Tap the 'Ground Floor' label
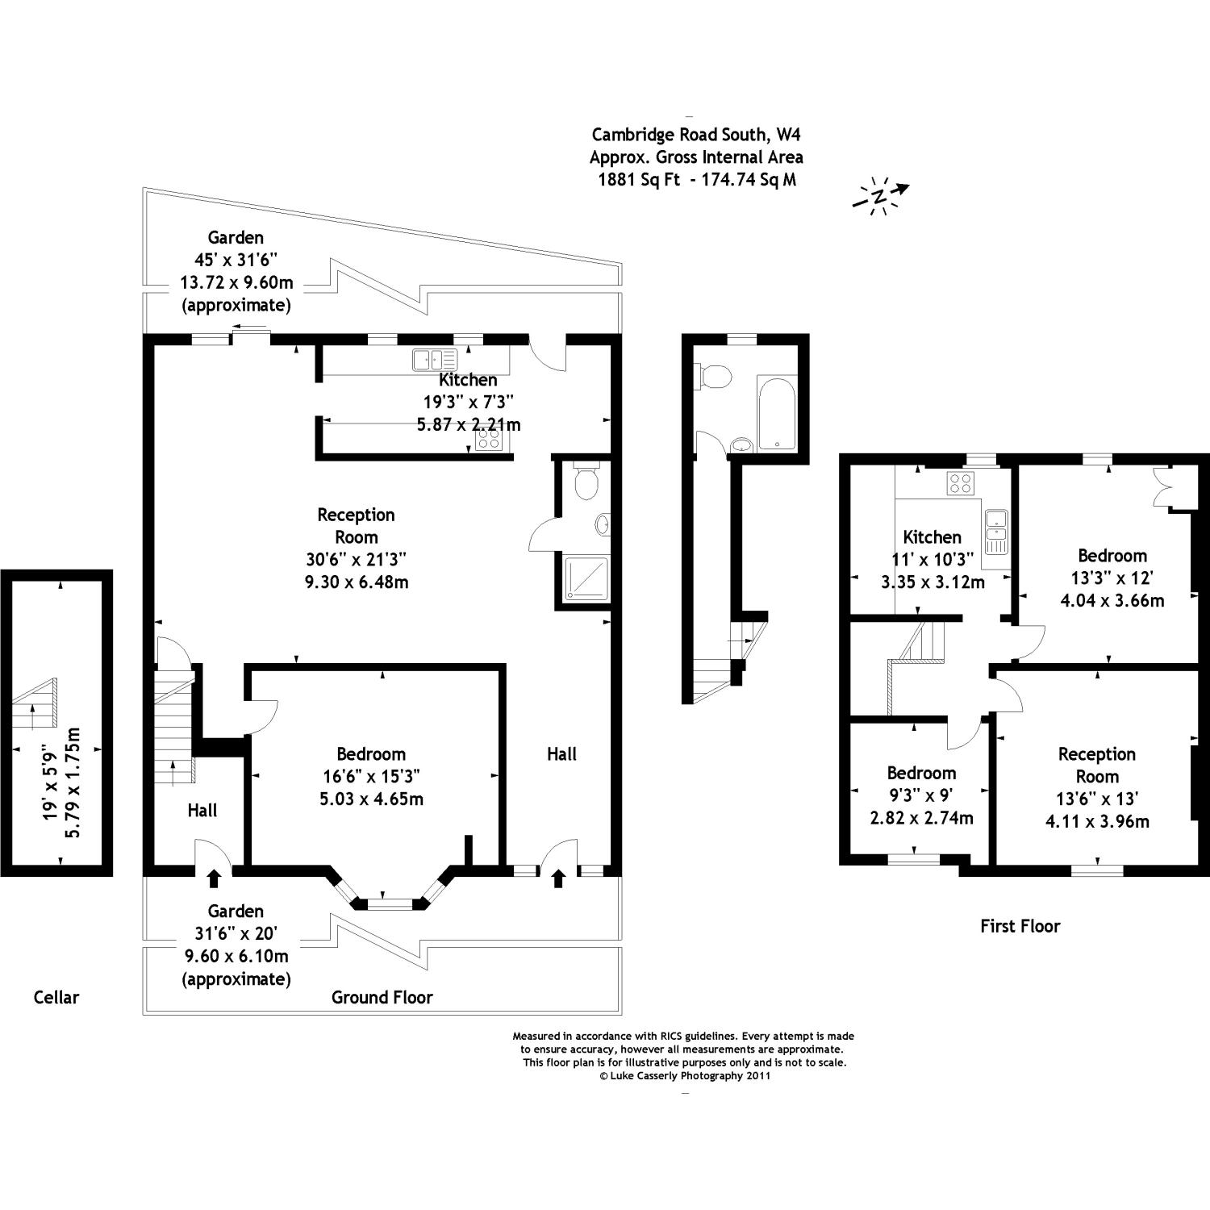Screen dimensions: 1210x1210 tap(382, 997)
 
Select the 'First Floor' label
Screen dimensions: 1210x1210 tap(1020, 926)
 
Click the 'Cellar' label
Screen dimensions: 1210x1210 tap(56, 997)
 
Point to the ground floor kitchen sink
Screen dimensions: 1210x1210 tap(434, 359)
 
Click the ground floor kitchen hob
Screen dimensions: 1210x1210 tap(488, 439)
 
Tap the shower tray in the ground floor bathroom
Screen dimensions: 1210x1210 tap(586, 578)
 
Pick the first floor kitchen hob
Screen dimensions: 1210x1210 tap(960, 483)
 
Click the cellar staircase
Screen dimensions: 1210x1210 tap(37, 702)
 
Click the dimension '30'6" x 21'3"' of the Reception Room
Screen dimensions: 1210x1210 tap(356, 559)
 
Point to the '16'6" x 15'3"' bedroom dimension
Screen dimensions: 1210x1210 tap(371, 776)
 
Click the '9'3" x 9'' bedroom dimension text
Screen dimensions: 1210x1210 tap(921, 795)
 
